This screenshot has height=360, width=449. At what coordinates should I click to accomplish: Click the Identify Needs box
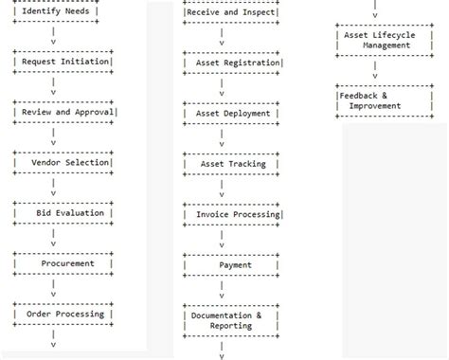click(63, 11)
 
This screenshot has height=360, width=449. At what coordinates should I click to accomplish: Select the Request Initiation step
click(63, 62)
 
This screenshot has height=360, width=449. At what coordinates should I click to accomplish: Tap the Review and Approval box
click(63, 112)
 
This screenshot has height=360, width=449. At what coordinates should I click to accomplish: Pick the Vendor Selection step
click(63, 162)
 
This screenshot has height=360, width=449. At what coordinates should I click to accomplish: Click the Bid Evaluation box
click(63, 213)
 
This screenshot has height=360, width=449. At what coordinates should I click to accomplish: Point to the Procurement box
click(63, 263)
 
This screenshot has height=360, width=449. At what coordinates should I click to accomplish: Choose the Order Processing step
click(63, 314)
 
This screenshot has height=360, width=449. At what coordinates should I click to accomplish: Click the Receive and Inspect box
click(232, 12)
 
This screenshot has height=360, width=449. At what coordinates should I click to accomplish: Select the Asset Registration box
click(232, 63)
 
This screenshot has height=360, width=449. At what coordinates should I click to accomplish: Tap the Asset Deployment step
click(232, 113)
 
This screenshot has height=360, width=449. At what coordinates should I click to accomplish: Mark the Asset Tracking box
click(232, 163)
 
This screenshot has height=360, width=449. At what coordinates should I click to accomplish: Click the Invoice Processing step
click(232, 214)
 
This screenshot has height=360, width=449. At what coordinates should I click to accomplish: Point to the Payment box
click(232, 264)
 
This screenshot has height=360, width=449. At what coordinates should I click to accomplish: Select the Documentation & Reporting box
click(232, 320)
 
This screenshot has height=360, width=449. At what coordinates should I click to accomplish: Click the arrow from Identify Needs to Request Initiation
click(53, 37)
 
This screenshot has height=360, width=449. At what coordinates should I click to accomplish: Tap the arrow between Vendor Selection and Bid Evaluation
click(53, 188)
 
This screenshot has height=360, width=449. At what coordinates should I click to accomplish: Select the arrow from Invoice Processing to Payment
click(222, 240)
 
